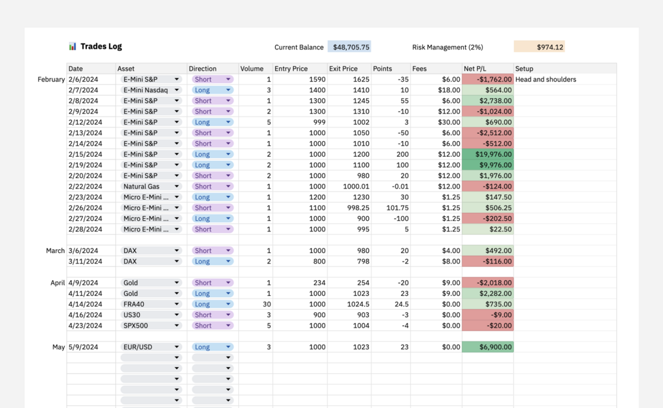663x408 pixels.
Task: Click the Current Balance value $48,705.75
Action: click(x=350, y=47)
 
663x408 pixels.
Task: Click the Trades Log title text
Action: click(x=101, y=47)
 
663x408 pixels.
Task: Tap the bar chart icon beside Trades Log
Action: click(x=73, y=47)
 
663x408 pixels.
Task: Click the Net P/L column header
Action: click(x=475, y=69)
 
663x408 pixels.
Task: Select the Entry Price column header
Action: click(x=291, y=69)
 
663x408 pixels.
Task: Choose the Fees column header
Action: click(x=420, y=69)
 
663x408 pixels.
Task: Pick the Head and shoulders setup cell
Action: click(x=546, y=80)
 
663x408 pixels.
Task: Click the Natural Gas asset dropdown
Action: click(x=151, y=187)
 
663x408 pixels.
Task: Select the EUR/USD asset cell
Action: click(x=151, y=347)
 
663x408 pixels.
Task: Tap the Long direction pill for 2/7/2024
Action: click(x=212, y=90)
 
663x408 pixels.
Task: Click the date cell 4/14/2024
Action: click(x=85, y=305)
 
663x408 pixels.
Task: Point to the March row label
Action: click(x=55, y=251)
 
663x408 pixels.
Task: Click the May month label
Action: click(x=59, y=347)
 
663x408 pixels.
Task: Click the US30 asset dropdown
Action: click(x=151, y=315)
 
